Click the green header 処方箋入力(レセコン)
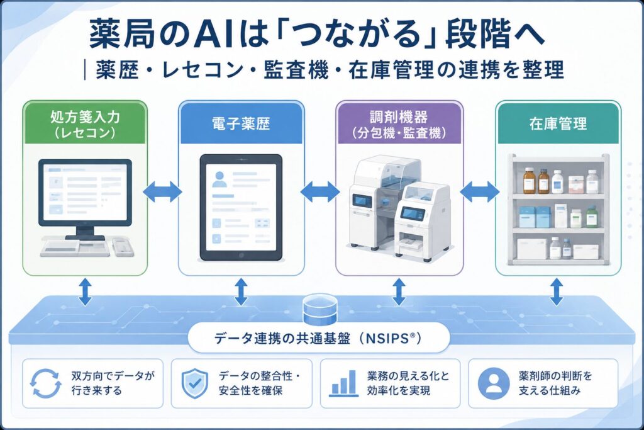coord(85,123)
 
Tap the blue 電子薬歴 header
coord(241,123)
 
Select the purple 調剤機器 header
coord(399,123)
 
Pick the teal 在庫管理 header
coord(558,123)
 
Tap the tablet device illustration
coord(241,208)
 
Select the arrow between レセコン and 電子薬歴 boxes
coord(163,191)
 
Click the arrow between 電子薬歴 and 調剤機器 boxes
coord(320,191)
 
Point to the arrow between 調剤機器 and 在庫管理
coord(479,191)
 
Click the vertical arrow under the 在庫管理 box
coord(557,291)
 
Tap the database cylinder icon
coord(319,308)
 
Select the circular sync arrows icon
coord(45,383)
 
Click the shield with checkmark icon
coord(195,383)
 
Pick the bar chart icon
coord(343,383)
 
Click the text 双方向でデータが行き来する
coord(113,383)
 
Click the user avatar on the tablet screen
coord(219,179)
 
